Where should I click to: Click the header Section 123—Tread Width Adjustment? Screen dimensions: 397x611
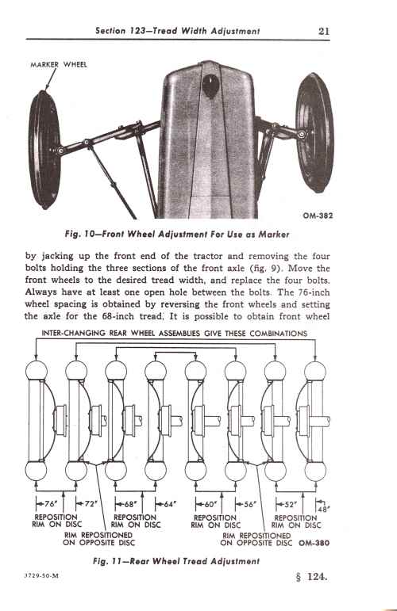pos(178,31)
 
